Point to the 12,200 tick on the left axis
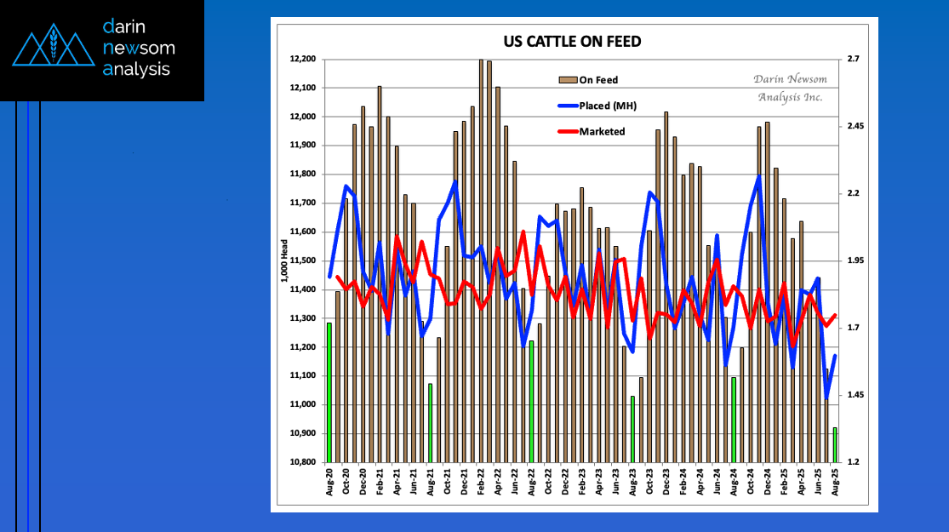coord(302,60)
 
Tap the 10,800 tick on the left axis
coord(302,462)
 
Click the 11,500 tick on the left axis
coord(302,260)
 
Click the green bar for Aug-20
coord(329,392)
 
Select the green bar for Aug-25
coord(835,444)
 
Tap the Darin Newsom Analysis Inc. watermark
coord(790,88)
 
